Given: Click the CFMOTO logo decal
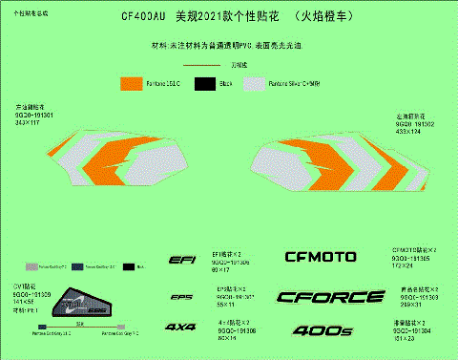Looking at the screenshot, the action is point(321,257).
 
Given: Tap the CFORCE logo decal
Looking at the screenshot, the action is point(323,297).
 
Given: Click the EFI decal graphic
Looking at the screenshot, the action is point(181,260).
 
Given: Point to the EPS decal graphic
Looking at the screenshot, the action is point(181,296).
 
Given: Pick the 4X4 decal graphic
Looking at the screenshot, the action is point(180,328).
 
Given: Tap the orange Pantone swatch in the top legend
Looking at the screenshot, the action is point(130,84).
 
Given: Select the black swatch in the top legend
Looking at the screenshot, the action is point(202,84).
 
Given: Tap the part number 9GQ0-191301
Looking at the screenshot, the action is point(35,116).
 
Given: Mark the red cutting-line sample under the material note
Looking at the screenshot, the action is point(201,65).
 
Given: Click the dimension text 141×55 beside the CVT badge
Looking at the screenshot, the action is point(24,303).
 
